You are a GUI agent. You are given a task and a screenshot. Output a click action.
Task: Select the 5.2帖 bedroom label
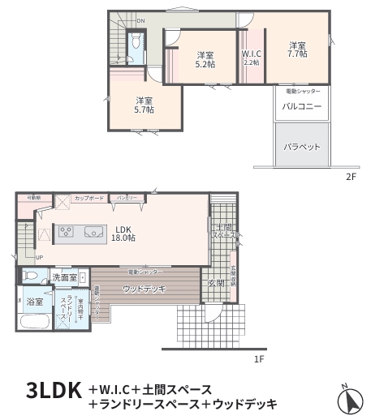coord(205,59)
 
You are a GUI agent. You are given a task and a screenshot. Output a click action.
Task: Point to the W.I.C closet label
coord(252,58)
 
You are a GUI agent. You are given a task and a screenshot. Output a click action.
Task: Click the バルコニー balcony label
coord(302,107)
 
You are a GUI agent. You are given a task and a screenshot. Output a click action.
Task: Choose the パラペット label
coord(302,147)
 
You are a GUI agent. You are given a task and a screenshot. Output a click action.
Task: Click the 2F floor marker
coord(351,177)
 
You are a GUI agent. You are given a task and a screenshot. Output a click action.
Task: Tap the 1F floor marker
coord(258,358)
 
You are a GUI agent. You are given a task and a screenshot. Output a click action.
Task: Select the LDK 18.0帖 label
coord(123,234)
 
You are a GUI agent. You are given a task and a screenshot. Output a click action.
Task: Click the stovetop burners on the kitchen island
coord(66,234)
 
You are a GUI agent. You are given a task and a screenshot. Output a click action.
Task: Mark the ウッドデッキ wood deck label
coord(145,289)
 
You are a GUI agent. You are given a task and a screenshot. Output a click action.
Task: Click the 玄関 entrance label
coord(216,283)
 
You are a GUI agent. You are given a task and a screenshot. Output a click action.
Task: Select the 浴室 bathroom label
coord(35,302)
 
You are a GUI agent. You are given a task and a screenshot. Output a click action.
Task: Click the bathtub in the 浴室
coord(34,321)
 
